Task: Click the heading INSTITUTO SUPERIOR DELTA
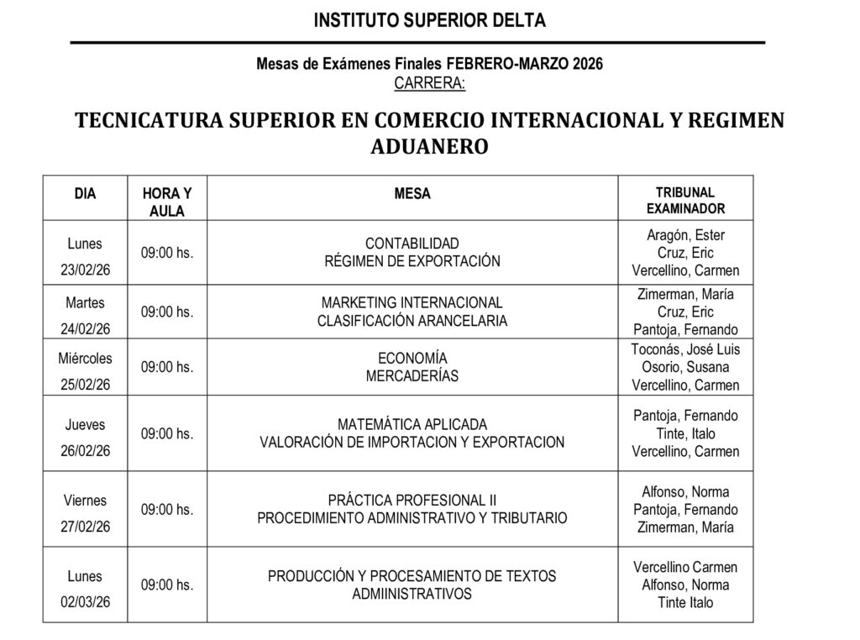(x=429, y=21)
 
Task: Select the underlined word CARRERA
(x=429, y=83)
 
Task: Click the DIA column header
(x=85, y=194)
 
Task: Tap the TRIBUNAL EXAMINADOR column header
(x=685, y=201)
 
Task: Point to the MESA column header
(x=412, y=194)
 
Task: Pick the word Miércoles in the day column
(x=85, y=359)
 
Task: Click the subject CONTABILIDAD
(x=412, y=244)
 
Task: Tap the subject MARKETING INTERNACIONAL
(x=412, y=302)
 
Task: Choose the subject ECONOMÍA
(x=412, y=359)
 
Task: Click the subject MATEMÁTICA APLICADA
(x=412, y=425)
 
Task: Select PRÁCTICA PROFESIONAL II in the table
(x=412, y=501)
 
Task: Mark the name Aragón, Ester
(x=685, y=235)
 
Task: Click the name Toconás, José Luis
(x=685, y=349)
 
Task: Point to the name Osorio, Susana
(x=685, y=367)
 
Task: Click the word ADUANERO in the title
(x=429, y=146)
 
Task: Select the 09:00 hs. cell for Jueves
(x=167, y=433)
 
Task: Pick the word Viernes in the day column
(x=85, y=501)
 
